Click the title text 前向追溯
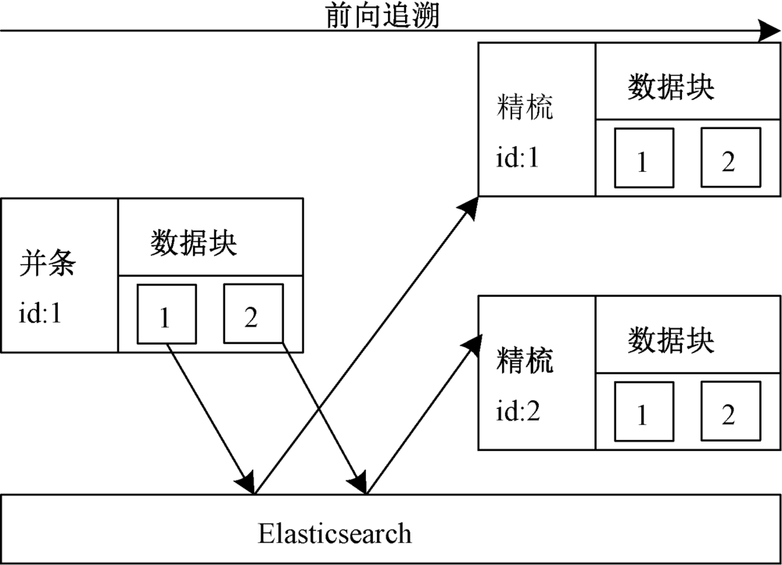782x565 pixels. click(x=383, y=16)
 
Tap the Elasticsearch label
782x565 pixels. click(x=335, y=535)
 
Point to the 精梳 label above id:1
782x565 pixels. click(x=525, y=107)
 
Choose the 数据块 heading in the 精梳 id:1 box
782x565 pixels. click(x=671, y=88)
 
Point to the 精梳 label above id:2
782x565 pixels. click(x=525, y=360)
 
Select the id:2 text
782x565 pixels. click(x=518, y=412)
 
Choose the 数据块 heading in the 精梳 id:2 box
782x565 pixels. click(x=671, y=341)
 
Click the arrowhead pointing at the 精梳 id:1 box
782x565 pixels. click(x=469, y=206)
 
